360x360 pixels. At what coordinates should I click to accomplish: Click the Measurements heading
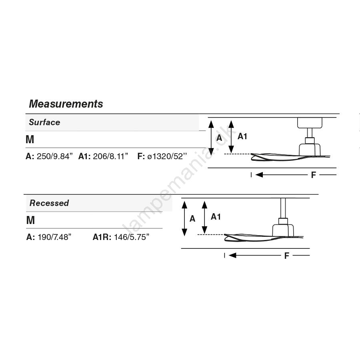tap(66, 104)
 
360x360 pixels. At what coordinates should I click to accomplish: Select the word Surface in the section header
tap(44, 122)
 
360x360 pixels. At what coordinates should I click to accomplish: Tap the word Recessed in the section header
tap(49, 203)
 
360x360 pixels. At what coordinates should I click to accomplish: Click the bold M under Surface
tap(30, 139)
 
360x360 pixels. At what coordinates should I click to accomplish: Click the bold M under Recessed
tap(30, 220)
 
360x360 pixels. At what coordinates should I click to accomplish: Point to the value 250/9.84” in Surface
tap(55, 156)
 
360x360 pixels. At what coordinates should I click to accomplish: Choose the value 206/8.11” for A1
tap(110, 156)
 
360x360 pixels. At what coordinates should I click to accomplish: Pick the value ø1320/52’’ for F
tap(167, 156)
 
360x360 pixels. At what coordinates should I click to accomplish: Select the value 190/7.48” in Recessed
tap(54, 237)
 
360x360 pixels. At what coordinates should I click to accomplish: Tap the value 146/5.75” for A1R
tap(132, 237)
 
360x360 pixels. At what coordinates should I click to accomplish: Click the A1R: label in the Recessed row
tap(102, 237)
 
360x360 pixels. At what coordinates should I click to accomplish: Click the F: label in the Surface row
tap(141, 156)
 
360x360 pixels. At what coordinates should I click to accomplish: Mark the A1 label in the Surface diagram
tap(242, 136)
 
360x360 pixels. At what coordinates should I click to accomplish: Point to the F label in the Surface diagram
tap(313, 175)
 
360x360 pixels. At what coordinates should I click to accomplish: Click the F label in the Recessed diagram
tap(286, 256)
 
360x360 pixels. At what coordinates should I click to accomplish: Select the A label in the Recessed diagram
tap(192, 219)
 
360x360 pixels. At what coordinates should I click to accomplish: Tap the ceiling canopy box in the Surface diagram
tap(310, 123)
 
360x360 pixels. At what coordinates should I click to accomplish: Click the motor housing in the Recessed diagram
tap(283, 230)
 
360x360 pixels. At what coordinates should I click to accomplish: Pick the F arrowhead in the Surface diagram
tap(259, 175)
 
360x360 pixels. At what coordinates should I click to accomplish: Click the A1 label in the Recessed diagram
tap(216, 217)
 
